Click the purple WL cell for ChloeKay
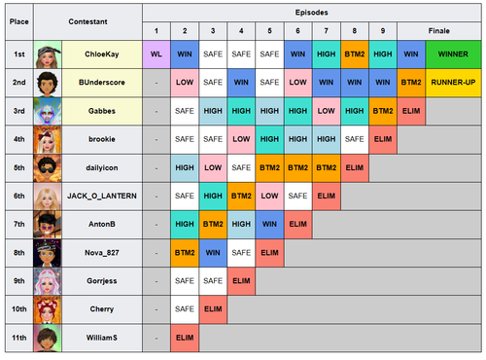click(x=156, y=54)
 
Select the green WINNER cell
click(x=453, y=54)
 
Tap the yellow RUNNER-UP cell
click(x=453, y=83)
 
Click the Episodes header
click(x=312, y=13)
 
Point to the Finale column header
click(x=439, y=31)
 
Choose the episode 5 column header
click(x=269, y=31)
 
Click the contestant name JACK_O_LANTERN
click(x=102, y=196)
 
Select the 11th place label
click(x=19, y=338)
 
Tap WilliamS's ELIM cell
click(x=185, y=338)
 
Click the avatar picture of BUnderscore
click(x=48, y=83)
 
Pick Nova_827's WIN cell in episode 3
click(x=213, y=253)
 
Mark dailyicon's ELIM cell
click(x=355, y=167)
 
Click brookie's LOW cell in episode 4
click(x=241, y=139)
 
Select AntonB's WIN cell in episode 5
click(x=269, y=224)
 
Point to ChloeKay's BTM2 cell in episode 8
click(x=355, y=54)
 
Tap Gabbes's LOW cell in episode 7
click(x=327, y=111)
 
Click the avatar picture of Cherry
click(x=48, y=309)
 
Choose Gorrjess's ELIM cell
click(x=241, y=281)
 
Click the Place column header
click(x=19, y=21)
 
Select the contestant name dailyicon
click(x=102, y=167)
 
